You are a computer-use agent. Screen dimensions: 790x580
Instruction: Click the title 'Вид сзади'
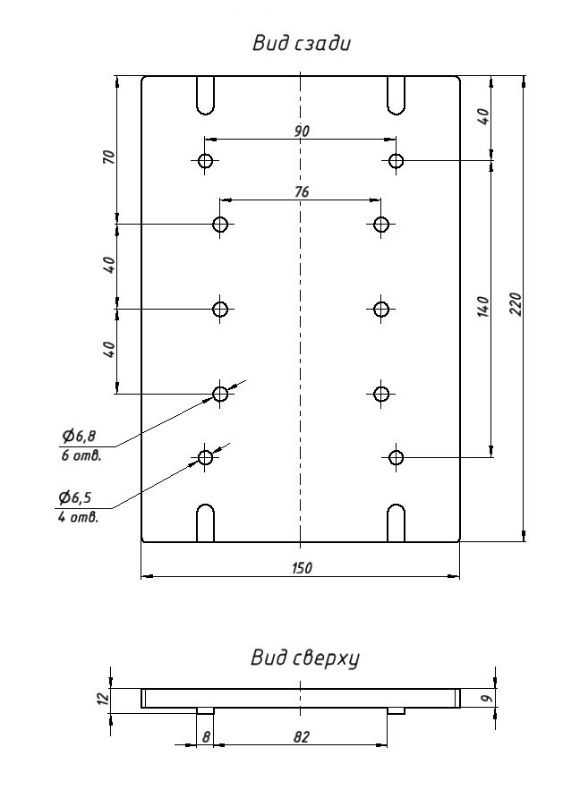tap(301, 44)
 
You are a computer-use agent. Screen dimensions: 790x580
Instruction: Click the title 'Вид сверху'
tap(304, 659)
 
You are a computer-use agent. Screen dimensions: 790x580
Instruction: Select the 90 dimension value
tap(302, 131)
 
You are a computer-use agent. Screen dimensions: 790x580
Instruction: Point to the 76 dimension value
tap(302, 191)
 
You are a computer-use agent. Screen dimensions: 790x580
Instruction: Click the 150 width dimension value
tap(302, 568)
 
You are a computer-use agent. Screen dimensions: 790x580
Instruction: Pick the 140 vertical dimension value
tap(483, 307)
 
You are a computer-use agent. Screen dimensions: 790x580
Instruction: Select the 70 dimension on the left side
tap(109, 157)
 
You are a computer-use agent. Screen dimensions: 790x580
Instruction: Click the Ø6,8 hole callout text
tap(79, 436)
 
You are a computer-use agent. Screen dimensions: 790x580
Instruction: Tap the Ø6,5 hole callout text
tap(78, 497)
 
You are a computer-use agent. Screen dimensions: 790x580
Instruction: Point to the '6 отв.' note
tap(81, 454)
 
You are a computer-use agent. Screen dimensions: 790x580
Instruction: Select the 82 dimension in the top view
tap(302, 736)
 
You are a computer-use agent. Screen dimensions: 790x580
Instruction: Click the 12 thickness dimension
tap(103, 698)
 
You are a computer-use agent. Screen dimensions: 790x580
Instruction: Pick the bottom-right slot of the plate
tap(397, 523)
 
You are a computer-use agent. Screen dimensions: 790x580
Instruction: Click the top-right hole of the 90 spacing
tap(397, 161)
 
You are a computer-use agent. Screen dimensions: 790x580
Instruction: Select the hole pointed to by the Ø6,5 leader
tap(206, 457)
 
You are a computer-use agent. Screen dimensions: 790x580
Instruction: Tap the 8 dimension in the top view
tap(206, 736)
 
